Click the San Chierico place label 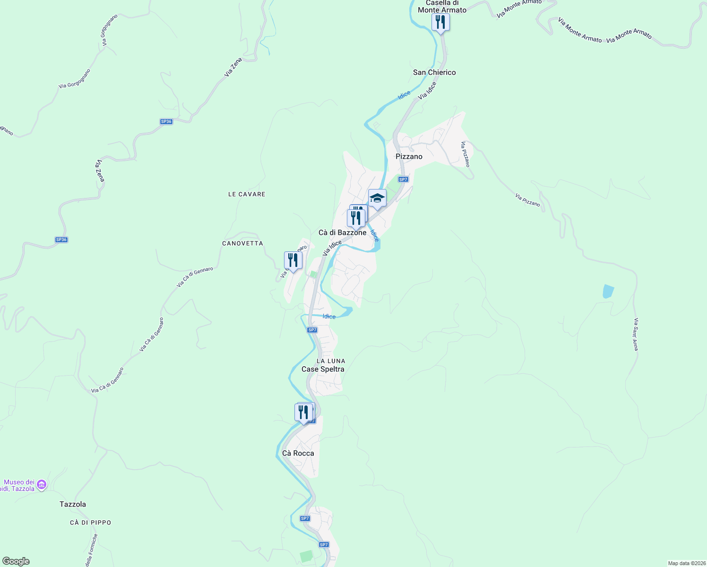[434, 72]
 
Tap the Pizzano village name [409, 156]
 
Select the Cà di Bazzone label [342, 232]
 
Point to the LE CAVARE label [247, 194]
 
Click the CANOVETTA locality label [242, 243]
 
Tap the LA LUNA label [331, 361]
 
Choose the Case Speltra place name [323, 369]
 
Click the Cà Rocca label [298, 453]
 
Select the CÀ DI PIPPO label [90, 523]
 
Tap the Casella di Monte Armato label [442, 7]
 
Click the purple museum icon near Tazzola [42, 484]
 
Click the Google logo [16, 561]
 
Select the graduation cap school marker [377, 198]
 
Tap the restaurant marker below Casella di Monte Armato [440, 22]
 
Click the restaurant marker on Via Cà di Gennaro [293, 260]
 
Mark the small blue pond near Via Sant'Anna [608, 291]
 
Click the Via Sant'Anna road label [636, 334]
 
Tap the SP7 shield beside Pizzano [403, 180]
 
